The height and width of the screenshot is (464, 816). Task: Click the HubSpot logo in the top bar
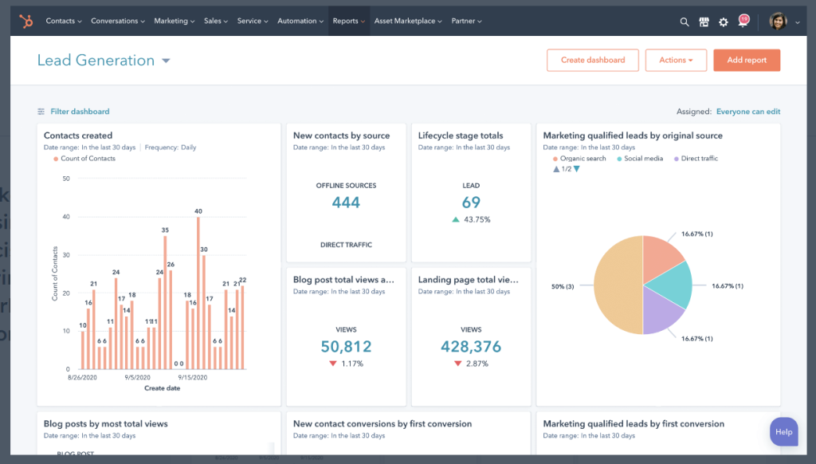pyautogui.click(x=26, y=22)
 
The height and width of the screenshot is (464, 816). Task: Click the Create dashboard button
pyautogui.click(x=592, y=61)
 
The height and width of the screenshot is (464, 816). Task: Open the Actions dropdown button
pyautogui.click(x=676, y=61)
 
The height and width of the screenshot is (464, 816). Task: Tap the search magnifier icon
pyautogui.click(x=685, y=22)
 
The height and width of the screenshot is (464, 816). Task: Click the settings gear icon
pyautogui.click(x=724, y=22)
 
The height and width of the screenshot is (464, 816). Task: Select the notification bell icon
pyautogui.click(x=743, y=22)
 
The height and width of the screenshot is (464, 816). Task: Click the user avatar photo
pyautogui.click(x=778, y=22)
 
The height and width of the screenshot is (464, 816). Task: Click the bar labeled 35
pyautogui.click(x=165, y=303)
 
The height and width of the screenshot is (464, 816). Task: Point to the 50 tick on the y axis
pyautogui.click(x=66, y=179)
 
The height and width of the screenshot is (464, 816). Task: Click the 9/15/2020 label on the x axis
pyautogui.click(x=192, y=377)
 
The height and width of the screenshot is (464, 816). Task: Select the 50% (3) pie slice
pyautogui.click(x=618, y=285)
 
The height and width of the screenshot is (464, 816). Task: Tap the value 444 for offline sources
pyautogui.click(x=346, y=203)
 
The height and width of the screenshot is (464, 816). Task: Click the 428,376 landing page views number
pyautogui.click(x=471, y=347)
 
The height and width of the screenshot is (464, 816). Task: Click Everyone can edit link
pyautogui.click(x=747, y=112)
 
